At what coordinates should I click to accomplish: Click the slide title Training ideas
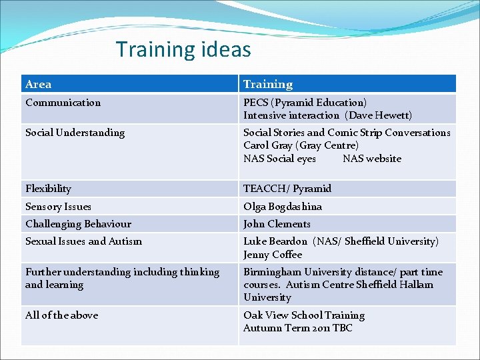[183, 49]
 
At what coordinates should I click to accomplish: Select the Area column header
[39, 84]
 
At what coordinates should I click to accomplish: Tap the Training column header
[268, 84]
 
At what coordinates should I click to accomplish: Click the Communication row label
[63, 103]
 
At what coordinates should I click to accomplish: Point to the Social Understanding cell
[75, 133]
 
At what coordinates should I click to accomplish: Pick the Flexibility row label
[48, 189]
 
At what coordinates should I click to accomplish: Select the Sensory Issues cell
[58, 207]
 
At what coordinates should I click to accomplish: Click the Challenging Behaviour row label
[78, 224]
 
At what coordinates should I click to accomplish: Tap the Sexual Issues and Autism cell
[83, 241]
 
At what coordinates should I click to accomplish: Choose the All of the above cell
[61, 315]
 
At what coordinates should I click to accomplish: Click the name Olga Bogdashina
[283, 207]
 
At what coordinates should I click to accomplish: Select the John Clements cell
[277, 224]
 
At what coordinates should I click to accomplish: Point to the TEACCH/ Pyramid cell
[287, 189]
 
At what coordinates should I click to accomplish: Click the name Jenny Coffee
[273, 255]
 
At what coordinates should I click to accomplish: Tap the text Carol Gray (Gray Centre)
[301, 145]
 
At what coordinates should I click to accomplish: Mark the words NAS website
[372, 159]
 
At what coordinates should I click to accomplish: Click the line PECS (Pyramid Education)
[305, 103]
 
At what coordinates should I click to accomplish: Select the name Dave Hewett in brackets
[378, 115]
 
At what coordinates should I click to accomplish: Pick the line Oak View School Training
[304, 315]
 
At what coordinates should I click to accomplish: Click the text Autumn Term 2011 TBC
[298, 328]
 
